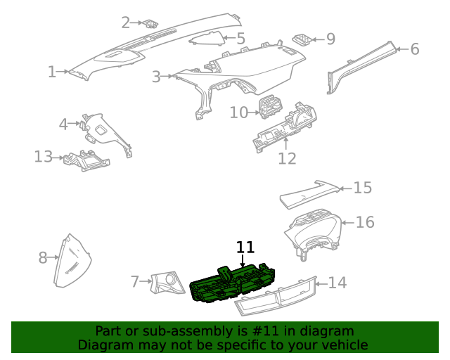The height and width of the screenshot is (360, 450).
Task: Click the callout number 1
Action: [52, 72]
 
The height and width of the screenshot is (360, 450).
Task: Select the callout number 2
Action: [126, 22]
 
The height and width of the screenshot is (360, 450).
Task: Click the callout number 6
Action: [414, 49]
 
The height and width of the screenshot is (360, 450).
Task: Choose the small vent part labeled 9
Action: [304, 39]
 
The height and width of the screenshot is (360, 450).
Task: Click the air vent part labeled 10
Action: [269, 109]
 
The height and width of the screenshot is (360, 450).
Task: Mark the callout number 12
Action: [287, 158]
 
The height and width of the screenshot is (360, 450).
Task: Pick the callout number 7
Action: [136, 282]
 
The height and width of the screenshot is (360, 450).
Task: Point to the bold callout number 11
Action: [245, 247]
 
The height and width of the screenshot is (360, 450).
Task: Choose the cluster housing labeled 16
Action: [313, 232]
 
